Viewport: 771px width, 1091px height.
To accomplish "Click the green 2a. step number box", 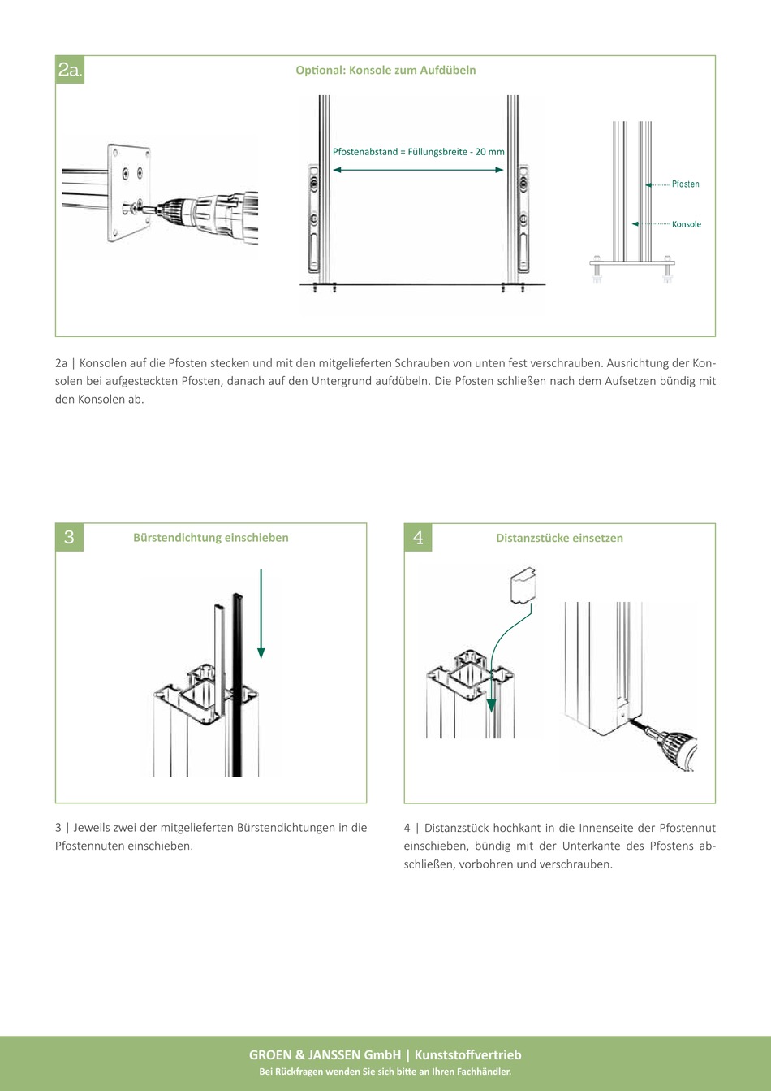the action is pos(70,70).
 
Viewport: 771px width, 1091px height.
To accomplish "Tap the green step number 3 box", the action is pos(70,537).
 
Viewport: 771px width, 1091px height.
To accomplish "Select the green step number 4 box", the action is pos(418,538).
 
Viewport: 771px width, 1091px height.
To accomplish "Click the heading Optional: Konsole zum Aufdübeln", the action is pos(385,70).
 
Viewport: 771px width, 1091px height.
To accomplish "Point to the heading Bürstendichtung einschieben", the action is pos(211,537).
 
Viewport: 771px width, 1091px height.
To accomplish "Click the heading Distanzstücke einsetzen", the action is pos(559,538).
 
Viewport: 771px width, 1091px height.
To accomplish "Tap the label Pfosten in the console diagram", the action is pos(686,184).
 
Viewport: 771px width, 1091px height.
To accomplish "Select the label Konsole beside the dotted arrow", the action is pos(687,224).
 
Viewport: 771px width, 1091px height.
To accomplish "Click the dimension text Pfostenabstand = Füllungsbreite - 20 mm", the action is pos(418,152).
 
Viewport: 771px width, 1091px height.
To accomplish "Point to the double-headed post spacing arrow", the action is pos(418,170).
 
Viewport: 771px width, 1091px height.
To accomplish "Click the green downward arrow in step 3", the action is pos(261,613).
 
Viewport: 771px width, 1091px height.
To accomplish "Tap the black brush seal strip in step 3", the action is pos(237,684).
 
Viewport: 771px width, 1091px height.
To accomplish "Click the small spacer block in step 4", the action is pos(523,586).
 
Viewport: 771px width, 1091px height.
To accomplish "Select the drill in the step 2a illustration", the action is pos(205,217).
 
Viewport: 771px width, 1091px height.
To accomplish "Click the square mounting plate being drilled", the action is pos(129,193).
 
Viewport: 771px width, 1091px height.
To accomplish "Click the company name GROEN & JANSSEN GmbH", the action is pos(325,1055).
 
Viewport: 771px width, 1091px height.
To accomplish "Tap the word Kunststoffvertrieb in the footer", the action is pos(468,1055).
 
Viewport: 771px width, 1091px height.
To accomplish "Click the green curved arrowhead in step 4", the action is pos(491,706).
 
